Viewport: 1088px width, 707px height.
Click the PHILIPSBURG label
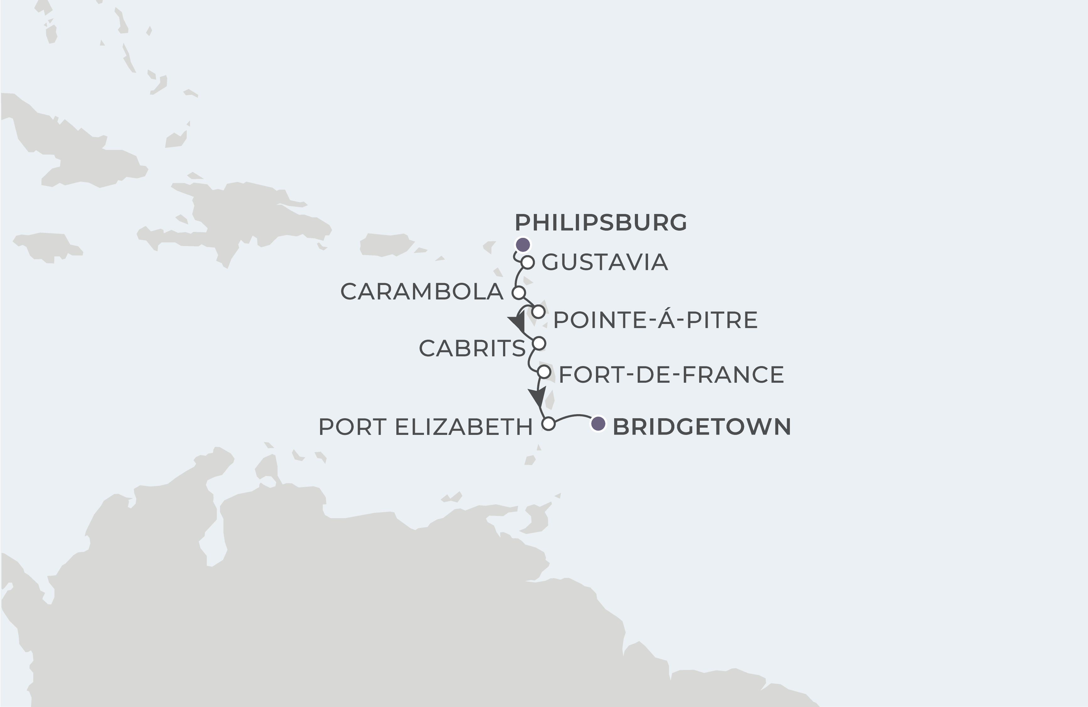601,222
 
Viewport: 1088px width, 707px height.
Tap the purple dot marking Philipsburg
523,245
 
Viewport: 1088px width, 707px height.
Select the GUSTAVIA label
605,262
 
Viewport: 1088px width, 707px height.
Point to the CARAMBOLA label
421,292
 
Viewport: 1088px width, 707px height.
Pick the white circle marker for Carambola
519,293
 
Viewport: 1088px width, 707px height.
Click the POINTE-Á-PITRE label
655,320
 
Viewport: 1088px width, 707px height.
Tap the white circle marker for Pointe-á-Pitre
539,312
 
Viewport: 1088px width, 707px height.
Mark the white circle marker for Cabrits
539,343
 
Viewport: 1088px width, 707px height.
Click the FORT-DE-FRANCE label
671,374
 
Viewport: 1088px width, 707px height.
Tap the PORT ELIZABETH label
426,427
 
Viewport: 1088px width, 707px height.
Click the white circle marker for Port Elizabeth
549,424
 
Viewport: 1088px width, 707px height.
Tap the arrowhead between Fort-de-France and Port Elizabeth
538,396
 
